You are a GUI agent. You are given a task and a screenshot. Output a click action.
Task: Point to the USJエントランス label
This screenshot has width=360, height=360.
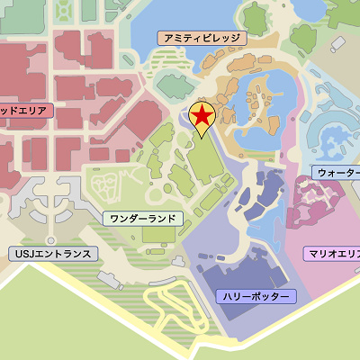[53, 254]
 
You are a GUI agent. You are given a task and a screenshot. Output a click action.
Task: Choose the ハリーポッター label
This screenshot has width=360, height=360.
[256, 296]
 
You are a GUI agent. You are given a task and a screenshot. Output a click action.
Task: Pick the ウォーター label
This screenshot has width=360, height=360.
[337, 171]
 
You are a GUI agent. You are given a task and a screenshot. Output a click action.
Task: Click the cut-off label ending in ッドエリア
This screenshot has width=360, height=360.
[25, 110]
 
